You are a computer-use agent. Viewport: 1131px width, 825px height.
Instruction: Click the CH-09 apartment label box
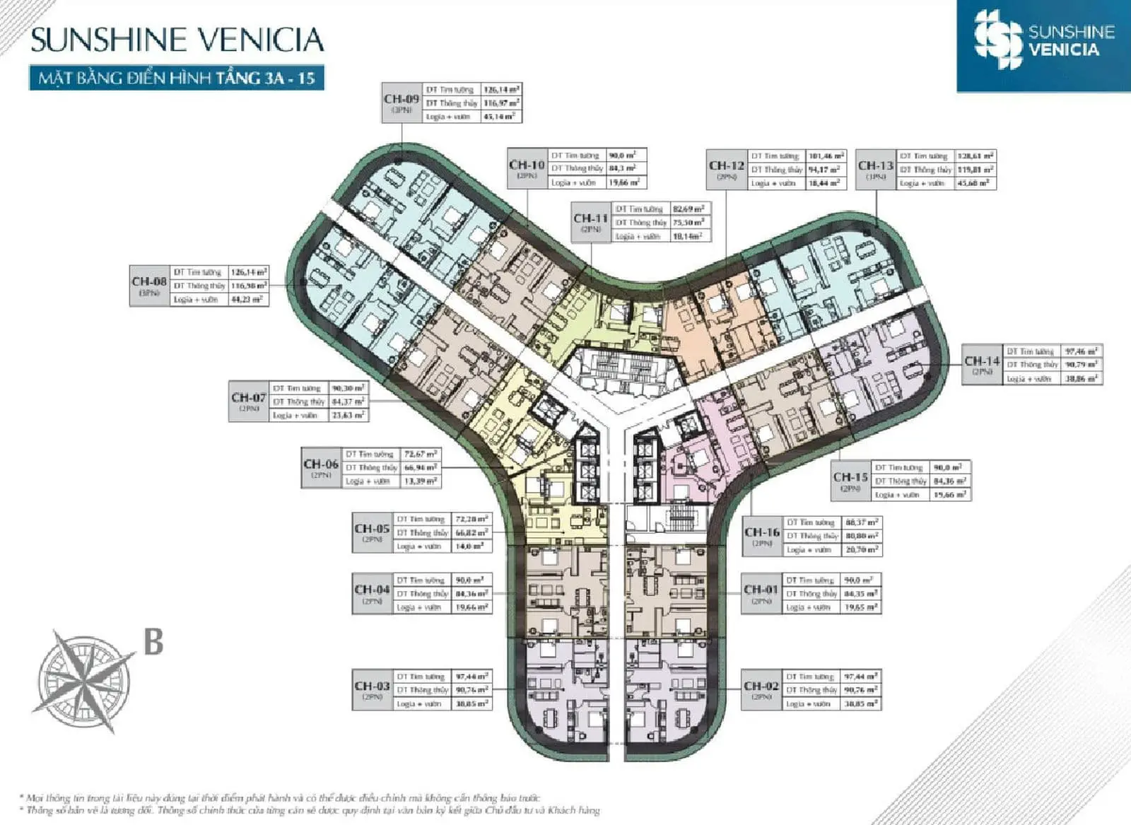click(402, 103)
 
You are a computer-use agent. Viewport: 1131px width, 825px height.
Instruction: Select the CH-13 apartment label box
click(875, 170)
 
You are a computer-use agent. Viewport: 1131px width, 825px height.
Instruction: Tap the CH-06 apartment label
click(321, 468)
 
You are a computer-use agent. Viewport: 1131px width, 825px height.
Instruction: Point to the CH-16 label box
click(762, 536)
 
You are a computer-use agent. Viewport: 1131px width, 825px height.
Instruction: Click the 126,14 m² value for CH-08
click(249, 272)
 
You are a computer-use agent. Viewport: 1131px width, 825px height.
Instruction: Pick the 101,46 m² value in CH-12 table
click(826, 156)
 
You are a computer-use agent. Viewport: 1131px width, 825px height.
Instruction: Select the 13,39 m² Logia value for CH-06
click(420, 481)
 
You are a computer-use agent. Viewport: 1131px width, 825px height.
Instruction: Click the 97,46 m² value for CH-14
click(1082, 351)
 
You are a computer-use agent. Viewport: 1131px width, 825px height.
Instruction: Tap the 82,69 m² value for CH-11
click(688, 209)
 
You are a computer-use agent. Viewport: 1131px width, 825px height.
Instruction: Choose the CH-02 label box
click(761, 690)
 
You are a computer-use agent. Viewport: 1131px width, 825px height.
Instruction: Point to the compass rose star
click(85, 681)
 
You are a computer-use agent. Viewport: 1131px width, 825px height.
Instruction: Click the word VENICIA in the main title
click(259, 40)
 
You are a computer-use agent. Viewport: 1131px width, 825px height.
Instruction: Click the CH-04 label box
click(372, 593)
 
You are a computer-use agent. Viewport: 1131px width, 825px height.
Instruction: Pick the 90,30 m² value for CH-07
click(348, 388)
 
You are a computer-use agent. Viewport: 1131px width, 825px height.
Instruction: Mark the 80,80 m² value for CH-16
click(861, 536)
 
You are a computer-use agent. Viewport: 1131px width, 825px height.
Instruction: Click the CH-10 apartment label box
click(527, 169)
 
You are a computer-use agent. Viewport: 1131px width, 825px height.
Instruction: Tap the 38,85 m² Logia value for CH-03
click(471, 703)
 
